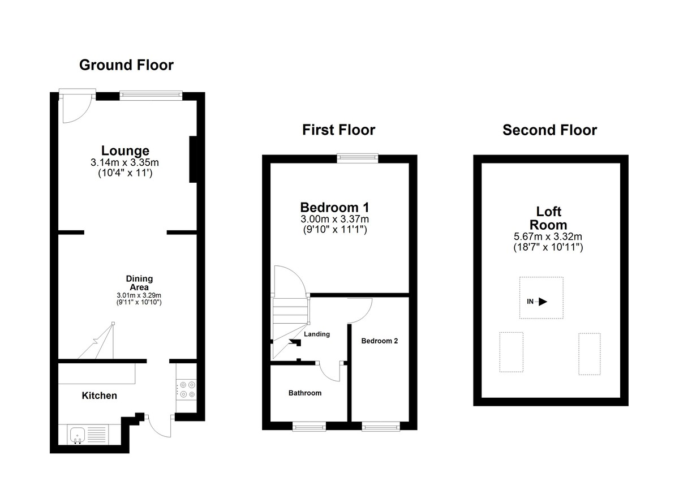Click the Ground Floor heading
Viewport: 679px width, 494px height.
coord(126,65)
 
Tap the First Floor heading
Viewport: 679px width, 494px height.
coord(338,130)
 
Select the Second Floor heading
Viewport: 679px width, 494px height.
coord(549,130)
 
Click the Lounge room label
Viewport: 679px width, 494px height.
coord(125,151)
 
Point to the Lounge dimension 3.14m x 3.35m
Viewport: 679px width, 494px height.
coord(124,162)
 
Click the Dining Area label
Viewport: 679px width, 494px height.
coord(139,283)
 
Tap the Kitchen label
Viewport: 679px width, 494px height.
coord(100,396)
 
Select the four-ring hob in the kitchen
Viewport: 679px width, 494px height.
coord(187,390)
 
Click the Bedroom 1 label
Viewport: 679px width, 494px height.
coord(334,208)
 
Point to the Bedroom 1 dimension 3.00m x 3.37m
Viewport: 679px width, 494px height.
coord(334,219)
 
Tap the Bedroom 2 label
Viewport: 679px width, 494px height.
coord(380,341)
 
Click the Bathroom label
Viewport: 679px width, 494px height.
coord(305,393)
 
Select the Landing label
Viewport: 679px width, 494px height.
coord(317,334)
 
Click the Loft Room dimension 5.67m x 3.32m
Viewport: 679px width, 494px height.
coord(548,237)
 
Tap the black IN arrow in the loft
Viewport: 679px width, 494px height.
coord(543,302)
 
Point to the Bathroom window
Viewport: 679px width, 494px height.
coord(309,427)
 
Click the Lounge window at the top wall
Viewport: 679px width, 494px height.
coord(151,95)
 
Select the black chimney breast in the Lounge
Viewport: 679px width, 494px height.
coord(193,160)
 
